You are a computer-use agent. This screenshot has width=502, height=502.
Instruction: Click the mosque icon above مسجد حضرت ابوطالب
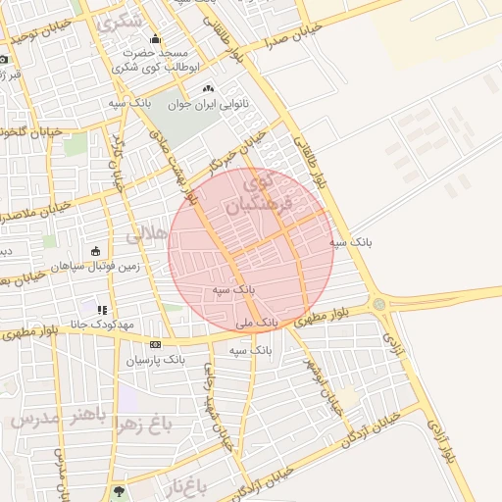pos(156,39)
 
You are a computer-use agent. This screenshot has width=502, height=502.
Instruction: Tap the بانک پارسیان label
pos(155,360)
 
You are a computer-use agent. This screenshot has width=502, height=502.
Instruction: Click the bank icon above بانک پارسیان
pos(156,345)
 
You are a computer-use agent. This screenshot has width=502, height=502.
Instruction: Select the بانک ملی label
pos(259,322)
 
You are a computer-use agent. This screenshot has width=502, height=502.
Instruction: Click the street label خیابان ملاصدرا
pos(35,212)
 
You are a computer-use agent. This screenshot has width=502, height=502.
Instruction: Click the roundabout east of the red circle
pos(378,304)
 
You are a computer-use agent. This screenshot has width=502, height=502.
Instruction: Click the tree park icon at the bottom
pos(120,491)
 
